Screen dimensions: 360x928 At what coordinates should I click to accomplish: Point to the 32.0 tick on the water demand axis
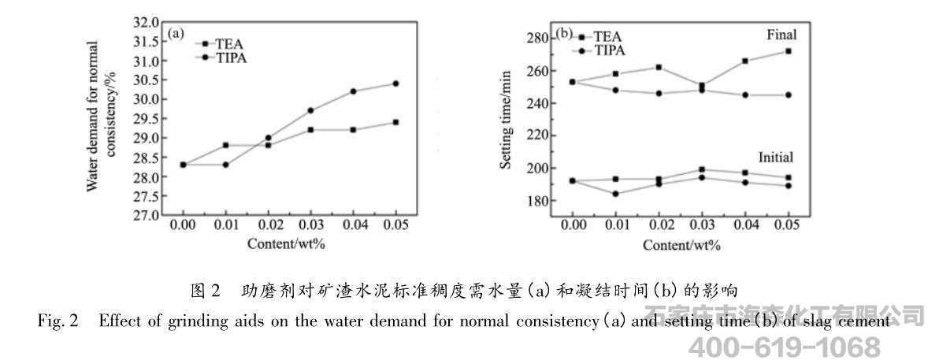pyautogui.click(x=147, y=22)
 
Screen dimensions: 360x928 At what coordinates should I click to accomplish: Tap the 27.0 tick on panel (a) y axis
pyautogui.click(x=147, y=215)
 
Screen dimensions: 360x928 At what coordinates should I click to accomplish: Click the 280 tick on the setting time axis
pyautogui.click(x=533, y=39)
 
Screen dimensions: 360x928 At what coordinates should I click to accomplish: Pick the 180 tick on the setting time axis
pyautogui.click(x=533, y=201)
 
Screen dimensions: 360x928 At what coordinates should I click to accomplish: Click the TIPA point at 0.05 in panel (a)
pyautogui.click(x=395, y=84)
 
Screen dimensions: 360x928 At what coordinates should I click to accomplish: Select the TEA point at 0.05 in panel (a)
pyautogui.click(x=395, y=122)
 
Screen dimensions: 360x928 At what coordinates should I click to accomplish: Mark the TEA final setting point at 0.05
pyautogui.click(x=788, y=51)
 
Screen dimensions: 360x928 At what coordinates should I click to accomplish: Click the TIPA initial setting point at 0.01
pyautogui.click(x=615, y=194)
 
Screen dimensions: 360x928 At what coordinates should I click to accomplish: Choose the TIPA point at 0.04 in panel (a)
pyautogui.click(x=353, y=91)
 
